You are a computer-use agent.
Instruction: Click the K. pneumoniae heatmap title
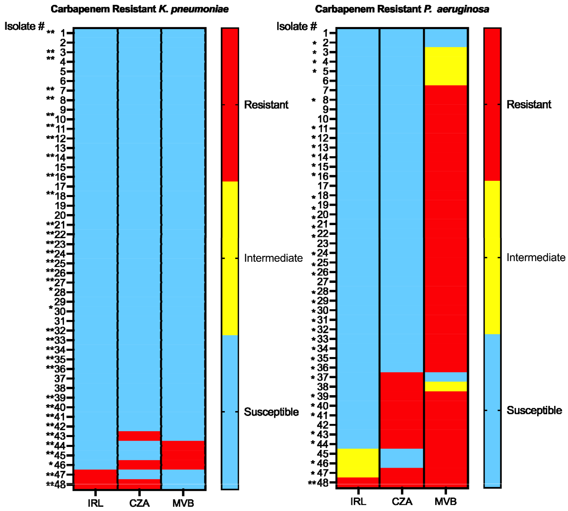(x=139, y=9)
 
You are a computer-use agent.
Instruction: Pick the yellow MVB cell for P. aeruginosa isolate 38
(x=446, y=386)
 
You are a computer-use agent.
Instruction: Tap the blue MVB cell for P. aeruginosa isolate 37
(x=446, y=377)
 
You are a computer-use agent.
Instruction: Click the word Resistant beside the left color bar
(x=266, y=105)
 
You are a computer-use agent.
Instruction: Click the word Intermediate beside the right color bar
(x=536, y=257)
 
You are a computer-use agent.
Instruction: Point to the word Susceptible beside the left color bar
(x=271, y=412)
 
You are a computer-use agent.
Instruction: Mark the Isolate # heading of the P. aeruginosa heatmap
(x=296, y=26)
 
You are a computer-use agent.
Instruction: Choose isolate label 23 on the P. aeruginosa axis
(x=323, y=243)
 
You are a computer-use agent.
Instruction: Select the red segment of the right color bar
(x=492, y=104)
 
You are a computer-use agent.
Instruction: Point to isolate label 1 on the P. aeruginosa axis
(x=325, y=33)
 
